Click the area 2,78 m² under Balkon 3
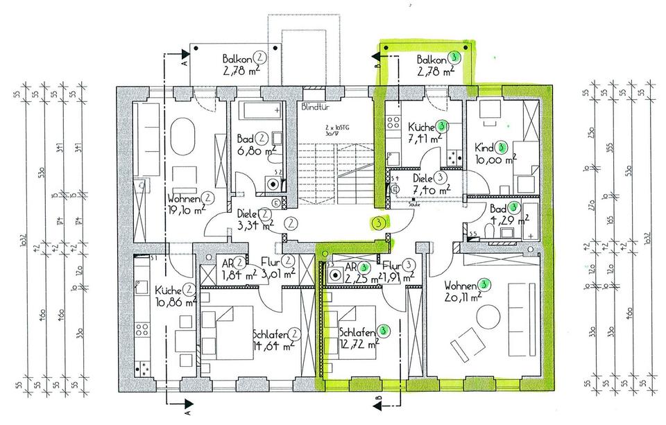pos(436,70)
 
